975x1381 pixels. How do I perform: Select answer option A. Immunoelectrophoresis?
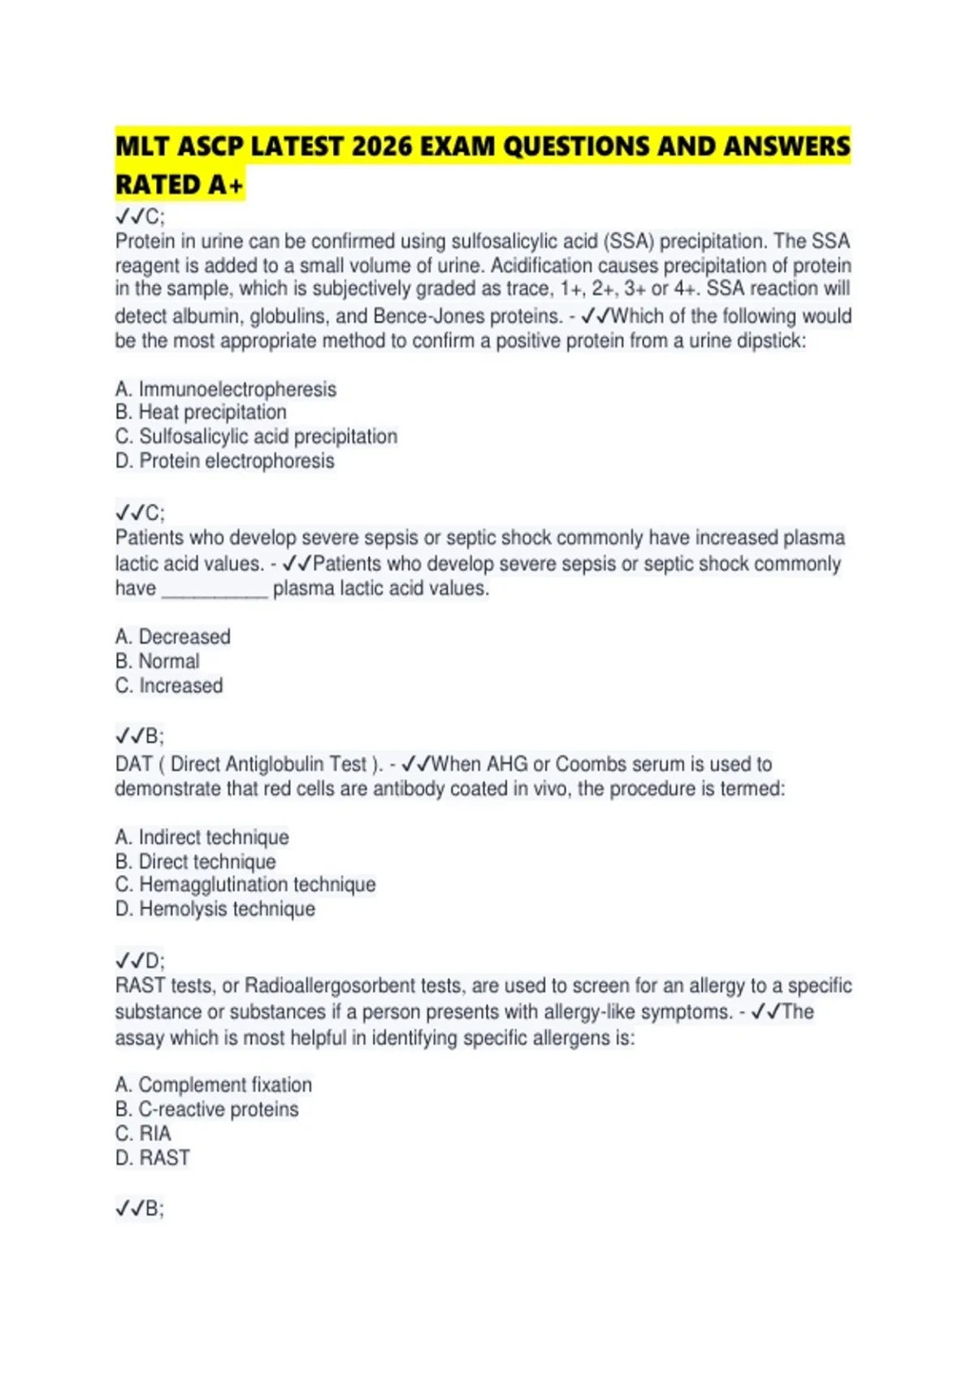tap(225, 389)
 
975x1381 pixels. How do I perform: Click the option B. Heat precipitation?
tap(201, 412)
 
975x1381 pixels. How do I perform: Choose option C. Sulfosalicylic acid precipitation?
tap(256, 436)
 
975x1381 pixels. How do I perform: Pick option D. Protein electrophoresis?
tap(224, 461)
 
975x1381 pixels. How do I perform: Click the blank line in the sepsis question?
tap(214, 591)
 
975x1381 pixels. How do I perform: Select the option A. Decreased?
tap(172, 636)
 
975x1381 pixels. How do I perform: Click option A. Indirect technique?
tap(201, 837)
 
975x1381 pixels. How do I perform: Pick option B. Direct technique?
tap(195, 861)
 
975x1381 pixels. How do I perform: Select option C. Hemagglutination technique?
tap(245, 884)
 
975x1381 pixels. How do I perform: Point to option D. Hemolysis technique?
tap(214, 908)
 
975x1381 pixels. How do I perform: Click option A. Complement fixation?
tap(213, 1084)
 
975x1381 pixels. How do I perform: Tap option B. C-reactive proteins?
tap(206, 1109)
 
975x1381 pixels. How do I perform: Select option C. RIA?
tap(143, 1133)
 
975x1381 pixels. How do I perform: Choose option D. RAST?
tap(152, 1158)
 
